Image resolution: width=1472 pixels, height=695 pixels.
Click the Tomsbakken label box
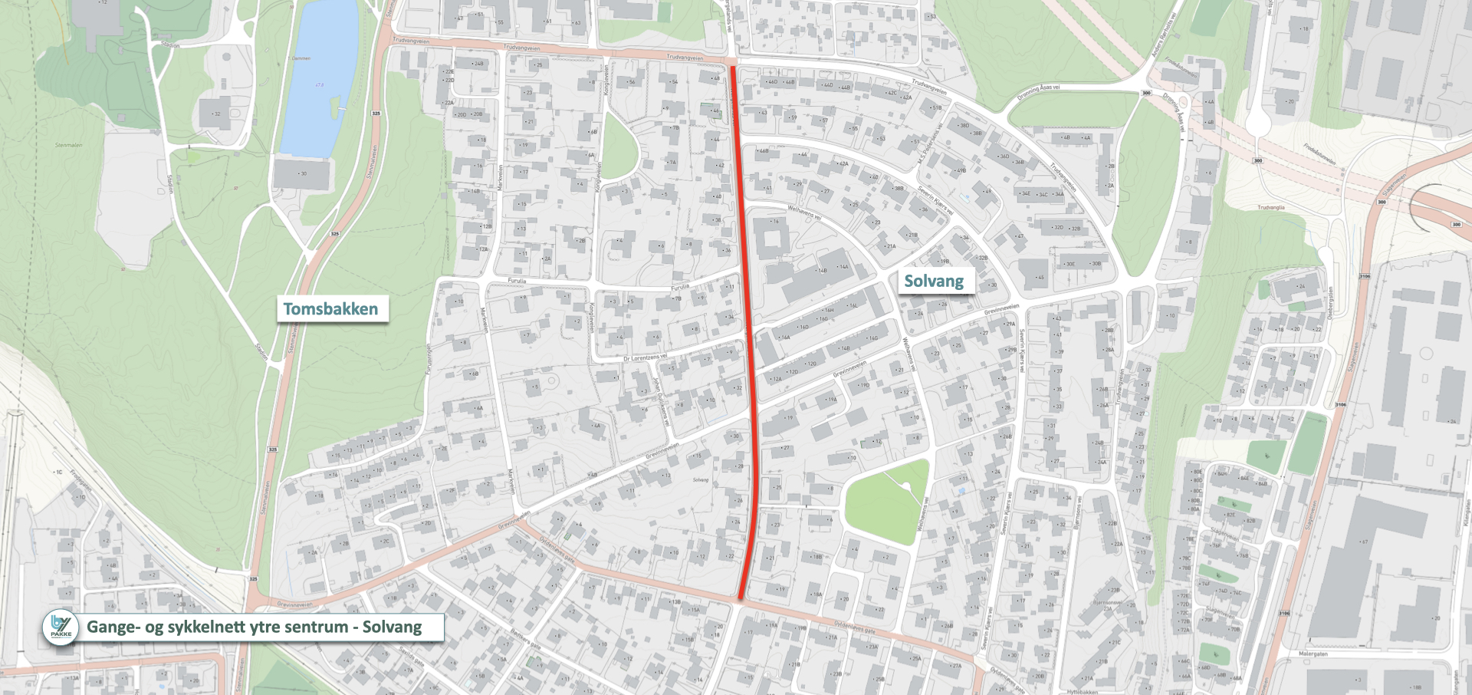pos(331,309)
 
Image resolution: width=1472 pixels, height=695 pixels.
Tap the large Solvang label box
pos(934,281)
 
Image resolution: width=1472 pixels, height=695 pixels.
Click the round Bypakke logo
pos(61,627)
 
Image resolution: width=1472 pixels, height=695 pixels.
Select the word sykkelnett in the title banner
pos(229,627)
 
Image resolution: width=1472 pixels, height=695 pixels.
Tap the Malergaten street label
pos(1313,654)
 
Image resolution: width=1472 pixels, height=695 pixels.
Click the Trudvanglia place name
pos(1270,207)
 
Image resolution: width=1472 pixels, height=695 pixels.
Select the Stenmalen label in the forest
pos(68,145)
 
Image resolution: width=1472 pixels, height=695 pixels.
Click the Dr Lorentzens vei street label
pos(645,357)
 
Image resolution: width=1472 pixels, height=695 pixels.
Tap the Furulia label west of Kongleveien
pos(517,281)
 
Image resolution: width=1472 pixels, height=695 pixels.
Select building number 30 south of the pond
pos(304,173)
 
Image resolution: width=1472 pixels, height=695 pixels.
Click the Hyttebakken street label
pos(1082,691)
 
